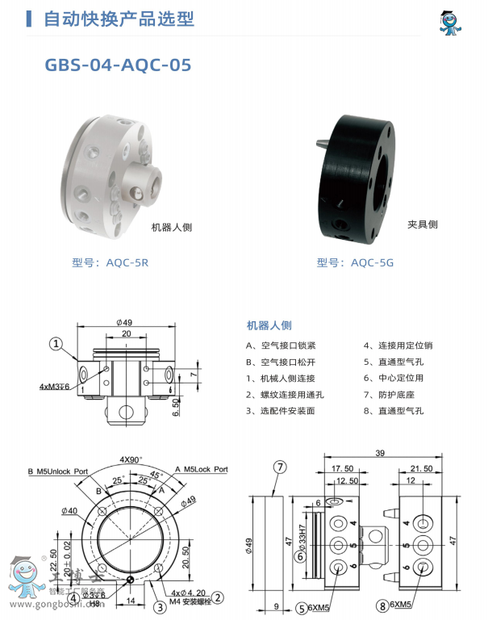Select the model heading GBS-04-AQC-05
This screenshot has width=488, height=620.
point(118,65)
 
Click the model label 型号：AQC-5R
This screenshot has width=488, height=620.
point(110,262)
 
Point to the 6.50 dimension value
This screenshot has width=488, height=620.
point(176,403)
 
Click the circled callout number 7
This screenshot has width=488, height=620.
point(280,467)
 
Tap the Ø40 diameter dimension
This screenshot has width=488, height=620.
point(69,511)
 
